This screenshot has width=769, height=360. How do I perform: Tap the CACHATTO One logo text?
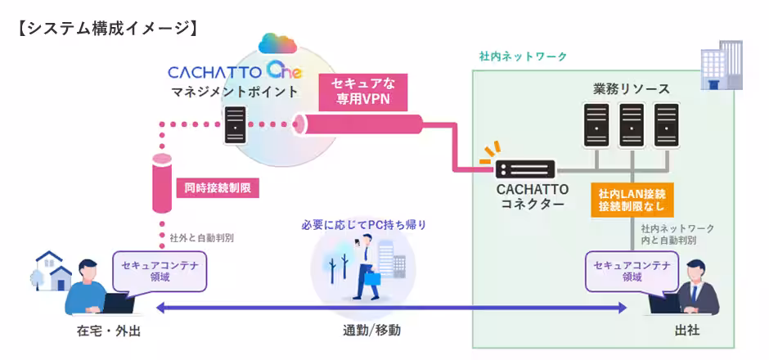pyautogui.click(x=233, y=71)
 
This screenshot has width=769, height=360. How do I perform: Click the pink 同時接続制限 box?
pyautogui.click(x=218, y=188)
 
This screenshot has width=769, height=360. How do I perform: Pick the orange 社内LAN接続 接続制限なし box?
pyautogui.click(x=632, y=201)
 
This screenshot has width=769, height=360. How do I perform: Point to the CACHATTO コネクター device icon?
pyautogui.click(x=525, y=169)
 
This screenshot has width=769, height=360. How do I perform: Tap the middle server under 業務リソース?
pyautogui.click(x=631, y=124)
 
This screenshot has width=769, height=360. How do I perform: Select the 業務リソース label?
pyautogui.click(x=631, y=88)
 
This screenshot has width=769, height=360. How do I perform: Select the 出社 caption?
pyautogui.click(x=687, y=331)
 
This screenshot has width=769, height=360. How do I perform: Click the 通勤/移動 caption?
pyautogui.click(x=371, y=331)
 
